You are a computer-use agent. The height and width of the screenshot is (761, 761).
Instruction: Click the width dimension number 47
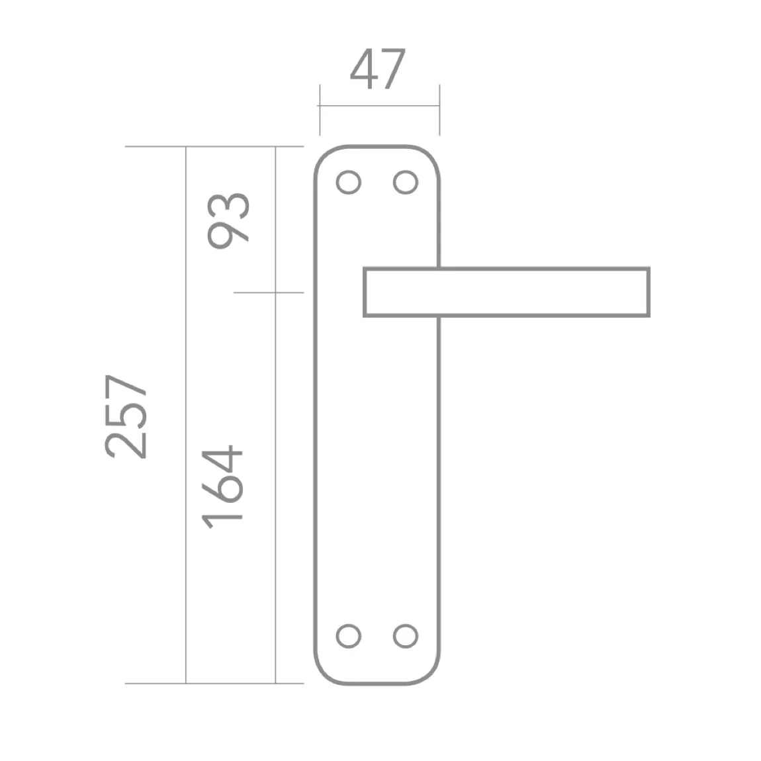[x=378, y=69]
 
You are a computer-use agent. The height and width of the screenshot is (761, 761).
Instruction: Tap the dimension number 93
[x=228, y=221]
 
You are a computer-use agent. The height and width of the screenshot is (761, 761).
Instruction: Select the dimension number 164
[x=222, y=487]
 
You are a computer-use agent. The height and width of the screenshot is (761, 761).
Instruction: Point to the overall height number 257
[x=125, y=416]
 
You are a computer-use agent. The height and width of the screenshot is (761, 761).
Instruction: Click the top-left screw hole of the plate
[x=349, y=183]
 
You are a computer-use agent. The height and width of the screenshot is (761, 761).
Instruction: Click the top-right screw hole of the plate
[x=406, y=183]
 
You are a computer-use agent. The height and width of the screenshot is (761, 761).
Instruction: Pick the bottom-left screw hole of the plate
[x=349, y=636]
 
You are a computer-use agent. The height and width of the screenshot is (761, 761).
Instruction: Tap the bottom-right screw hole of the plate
[x=406, y=636]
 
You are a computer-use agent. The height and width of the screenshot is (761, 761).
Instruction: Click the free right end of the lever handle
[x=649, y=292]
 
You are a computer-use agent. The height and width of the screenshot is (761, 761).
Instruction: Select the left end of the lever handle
[x=365, y=292]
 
